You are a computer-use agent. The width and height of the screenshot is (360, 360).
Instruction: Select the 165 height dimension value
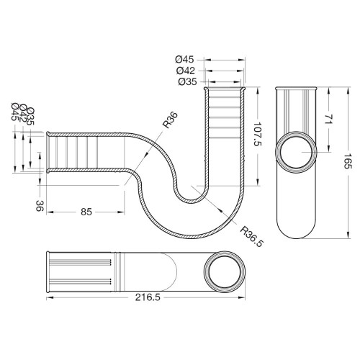click(x=348, y=165)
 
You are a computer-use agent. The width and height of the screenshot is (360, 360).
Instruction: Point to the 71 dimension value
click(x=329, y=119)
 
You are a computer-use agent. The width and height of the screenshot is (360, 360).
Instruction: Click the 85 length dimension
click(x=86, y=212)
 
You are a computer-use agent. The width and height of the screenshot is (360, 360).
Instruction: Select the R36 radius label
click(x=170, y=120)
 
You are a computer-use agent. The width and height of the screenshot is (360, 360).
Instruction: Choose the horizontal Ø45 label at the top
click(x=184, y=59)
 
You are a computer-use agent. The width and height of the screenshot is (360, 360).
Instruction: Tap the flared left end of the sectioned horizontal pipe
click(x=48, y=153)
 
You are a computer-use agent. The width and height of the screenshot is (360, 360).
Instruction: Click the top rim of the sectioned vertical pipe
click(x=225, y=88)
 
